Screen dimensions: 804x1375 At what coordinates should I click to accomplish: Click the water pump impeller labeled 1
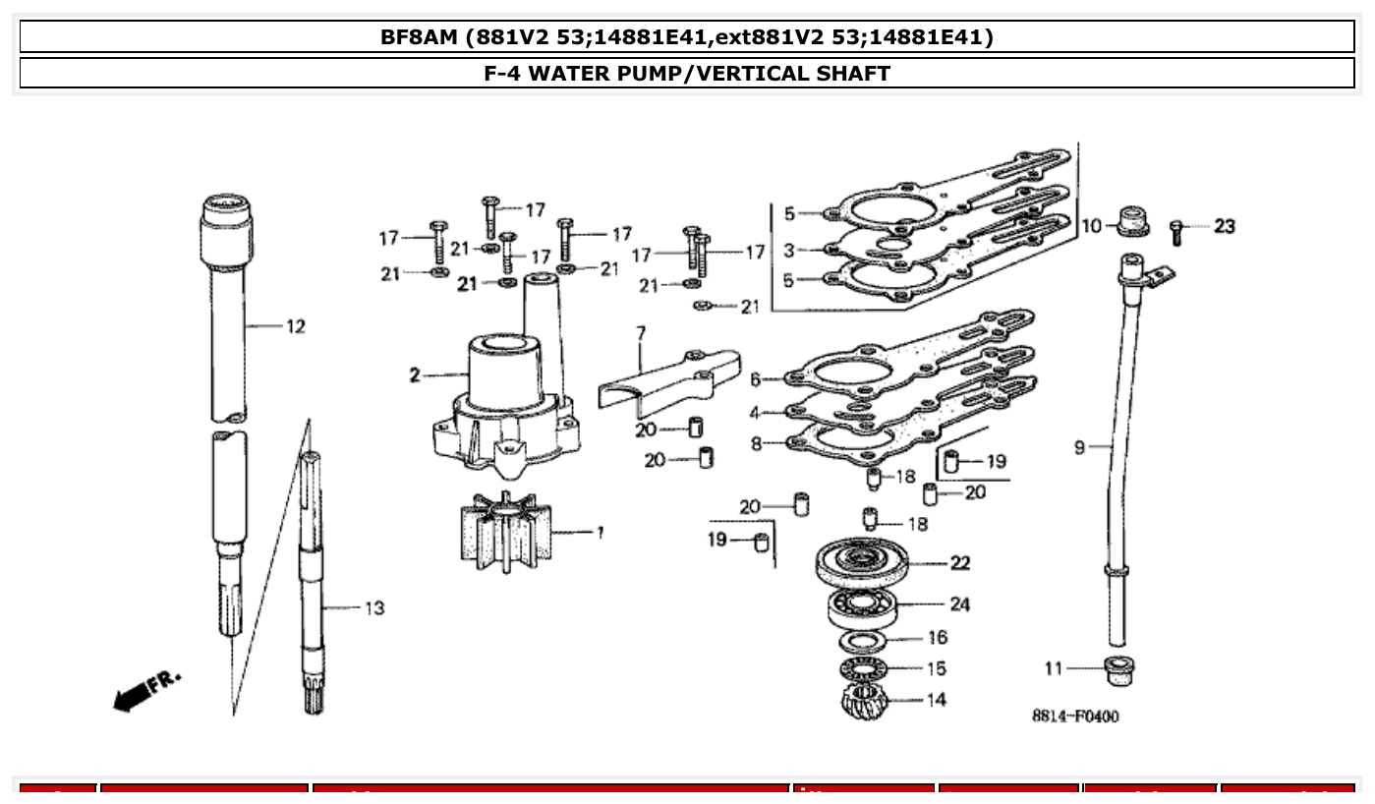(x=506, y=532)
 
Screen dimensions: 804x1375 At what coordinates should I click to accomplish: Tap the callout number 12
(x=296, y=326)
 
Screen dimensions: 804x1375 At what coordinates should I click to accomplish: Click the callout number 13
(x=374, y=608)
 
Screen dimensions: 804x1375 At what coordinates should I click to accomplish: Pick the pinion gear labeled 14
(x=864, y=702)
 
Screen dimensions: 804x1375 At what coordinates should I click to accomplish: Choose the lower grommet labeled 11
(x=1118, y=670)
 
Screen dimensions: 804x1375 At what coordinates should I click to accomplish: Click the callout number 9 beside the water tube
(x=1079, y=448)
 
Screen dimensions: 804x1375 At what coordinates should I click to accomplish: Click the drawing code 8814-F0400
(x=1074, y=717)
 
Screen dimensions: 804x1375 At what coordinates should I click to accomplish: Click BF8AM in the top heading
(x=420, y=37)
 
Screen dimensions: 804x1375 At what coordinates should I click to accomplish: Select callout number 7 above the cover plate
(x=641, y=333)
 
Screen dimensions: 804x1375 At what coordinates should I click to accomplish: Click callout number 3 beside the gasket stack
(x=788, y=251)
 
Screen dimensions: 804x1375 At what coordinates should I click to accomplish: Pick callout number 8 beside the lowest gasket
(x=756, y=443)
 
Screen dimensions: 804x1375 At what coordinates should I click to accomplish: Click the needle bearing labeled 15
(x=864, y=669)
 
